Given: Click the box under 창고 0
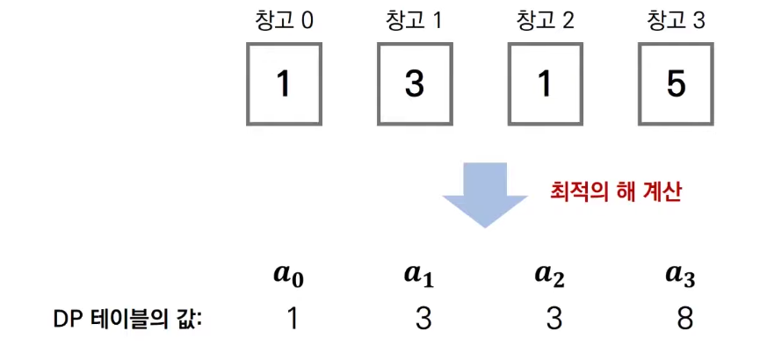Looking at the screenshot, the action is [283, 83].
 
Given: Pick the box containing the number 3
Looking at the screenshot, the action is [414, 83].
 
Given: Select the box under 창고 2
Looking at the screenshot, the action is [545, 83].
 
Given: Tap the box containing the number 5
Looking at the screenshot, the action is [676, 83].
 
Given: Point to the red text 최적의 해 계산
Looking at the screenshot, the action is [615, 191].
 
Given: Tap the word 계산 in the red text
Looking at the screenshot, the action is [662, 191].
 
